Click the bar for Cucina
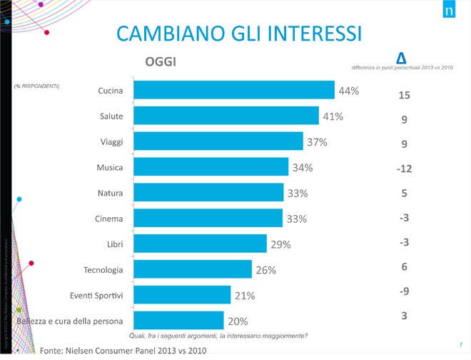[234, 90]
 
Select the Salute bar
[226, 116]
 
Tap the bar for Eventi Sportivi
[182, 295]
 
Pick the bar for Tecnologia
[193, 269]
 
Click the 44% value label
[349, 91]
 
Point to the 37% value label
[317, 142]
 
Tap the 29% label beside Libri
[280, 244]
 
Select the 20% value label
[238, 321]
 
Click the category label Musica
[110, 167]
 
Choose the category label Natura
[110, 193]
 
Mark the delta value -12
[404, 169]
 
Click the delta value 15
[404, 95]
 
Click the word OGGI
[161, 61]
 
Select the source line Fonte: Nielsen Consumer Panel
[123, 350]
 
